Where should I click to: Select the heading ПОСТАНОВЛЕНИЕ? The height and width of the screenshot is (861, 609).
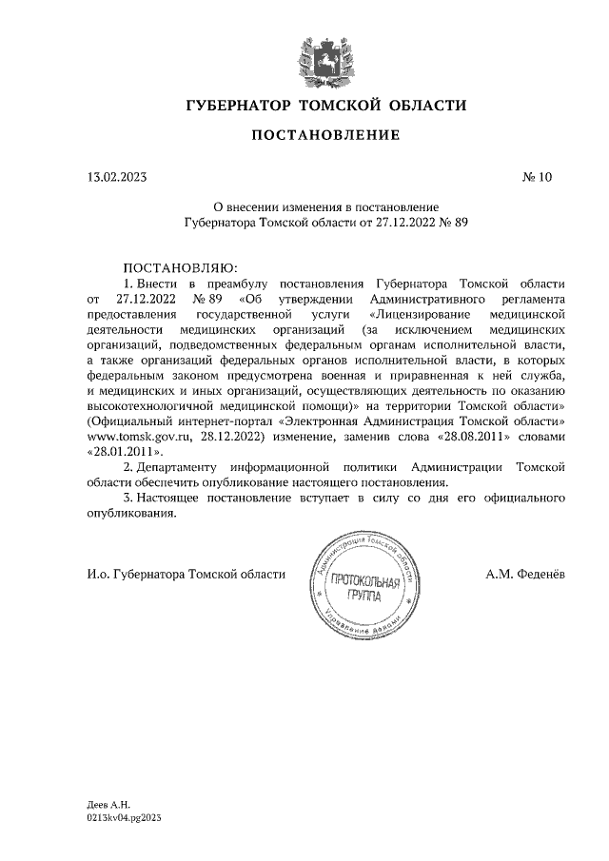[x=325, y=136]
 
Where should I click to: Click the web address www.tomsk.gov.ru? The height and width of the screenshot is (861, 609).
[x=134, y=436]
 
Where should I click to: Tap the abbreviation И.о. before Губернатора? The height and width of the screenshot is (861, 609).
[x=98, y=574]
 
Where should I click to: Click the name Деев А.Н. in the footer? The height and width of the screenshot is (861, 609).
[x=108, y=805]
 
